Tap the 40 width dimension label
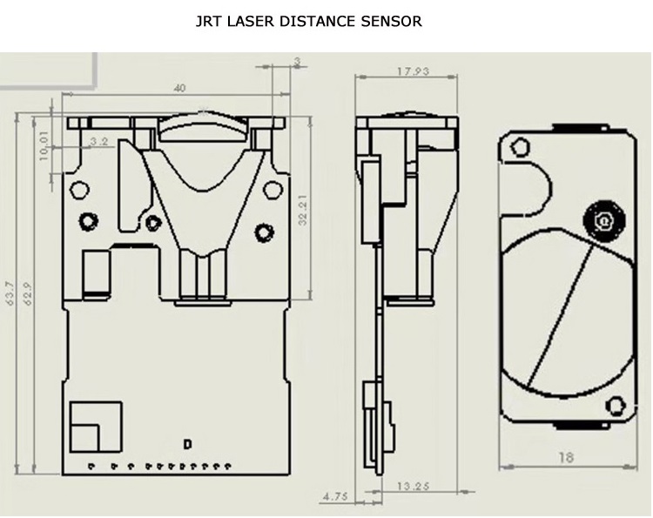click(x=179, y=88)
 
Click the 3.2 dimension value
click(x=98, y=140)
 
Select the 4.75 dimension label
click(x=335, y=497)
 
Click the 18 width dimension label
click(x=566, y=457)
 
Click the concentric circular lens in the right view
click(x=600, y=223)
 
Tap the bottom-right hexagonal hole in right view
click(x=616, y=404)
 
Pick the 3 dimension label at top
click(x=298, y=60)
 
